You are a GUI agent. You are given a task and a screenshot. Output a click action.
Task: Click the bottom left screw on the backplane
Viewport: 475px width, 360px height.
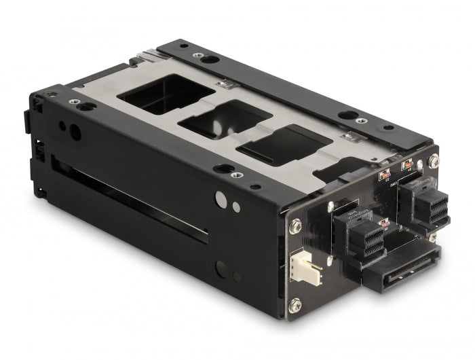[x=295, y=307]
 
